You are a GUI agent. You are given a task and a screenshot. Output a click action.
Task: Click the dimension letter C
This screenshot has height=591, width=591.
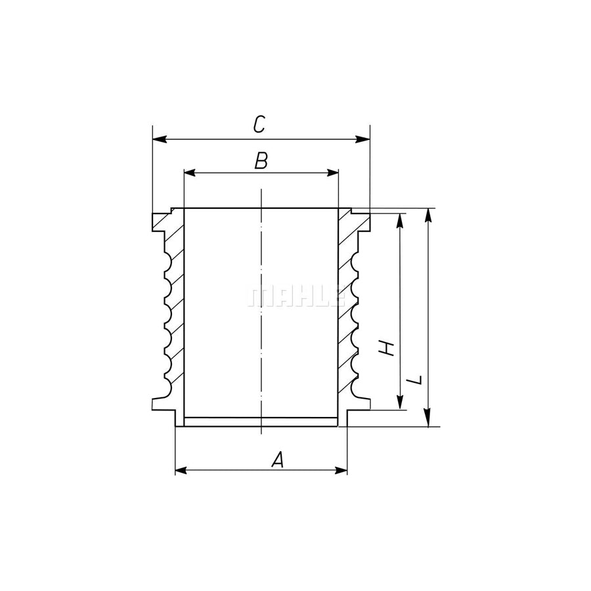pos(259,125)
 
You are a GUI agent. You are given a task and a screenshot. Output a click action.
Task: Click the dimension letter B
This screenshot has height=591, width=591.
pos(261,161)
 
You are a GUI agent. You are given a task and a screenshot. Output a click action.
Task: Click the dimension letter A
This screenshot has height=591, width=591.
pos(278,460)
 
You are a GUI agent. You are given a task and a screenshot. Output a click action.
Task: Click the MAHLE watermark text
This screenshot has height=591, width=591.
pos(296,297)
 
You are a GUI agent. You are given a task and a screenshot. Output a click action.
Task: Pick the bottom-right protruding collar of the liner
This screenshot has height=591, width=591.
pos(360,404)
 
